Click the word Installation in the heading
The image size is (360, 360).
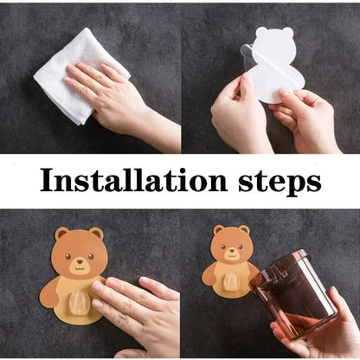130,182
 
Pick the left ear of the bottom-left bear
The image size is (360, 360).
61,234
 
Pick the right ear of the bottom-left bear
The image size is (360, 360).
95,234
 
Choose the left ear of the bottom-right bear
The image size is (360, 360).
218,231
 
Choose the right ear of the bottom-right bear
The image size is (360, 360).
245,230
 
